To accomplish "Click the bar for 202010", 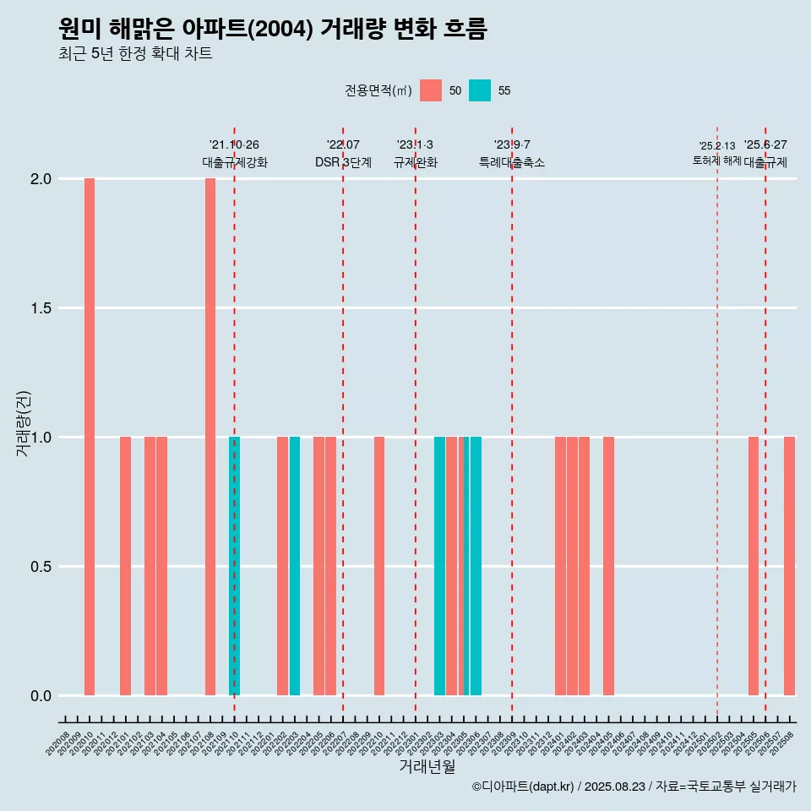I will pos(90,437).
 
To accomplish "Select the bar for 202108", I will pos(210,437).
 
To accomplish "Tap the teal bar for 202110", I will pos(235,566).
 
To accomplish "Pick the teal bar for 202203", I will pos(295,566).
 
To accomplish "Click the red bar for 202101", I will pos(125,566).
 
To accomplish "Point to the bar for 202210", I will pos(379,566).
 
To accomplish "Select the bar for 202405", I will pos(608,566).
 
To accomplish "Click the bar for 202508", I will pos(789,566).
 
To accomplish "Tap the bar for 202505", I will pos(754,566).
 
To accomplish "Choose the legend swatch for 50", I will pos(431,90).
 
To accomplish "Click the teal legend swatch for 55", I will pos(480,90).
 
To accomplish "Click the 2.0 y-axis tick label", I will pos(40,179).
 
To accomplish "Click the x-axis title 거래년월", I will pos(427,767).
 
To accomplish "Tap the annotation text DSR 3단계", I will pos(343,162).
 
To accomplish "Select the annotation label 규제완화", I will pos(416,162).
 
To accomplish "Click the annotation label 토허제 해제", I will pos(716,161).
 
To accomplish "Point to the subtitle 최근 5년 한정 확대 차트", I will pos(135,54).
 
